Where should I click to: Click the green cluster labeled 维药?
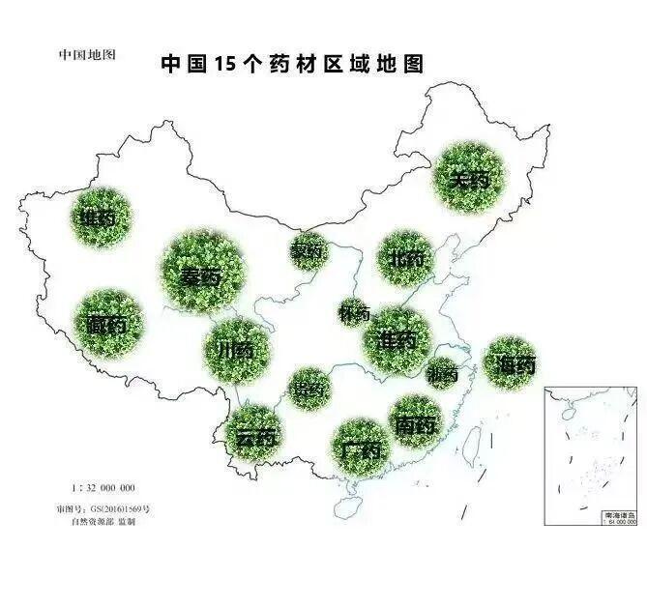pyautogui.click(x=100, y=218)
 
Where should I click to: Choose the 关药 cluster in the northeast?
pyautogui.click(x=470, y=178)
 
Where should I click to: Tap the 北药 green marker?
pyautogui.click(x=406, y=259)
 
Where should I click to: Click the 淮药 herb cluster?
pyautogui.click(x=397, y=339)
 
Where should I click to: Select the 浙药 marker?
pyautogui.click(x=442, y=372)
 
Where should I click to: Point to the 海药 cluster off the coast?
pyautogui.click(x=510, y=363)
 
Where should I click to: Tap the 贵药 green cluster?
pyautogui.click(x=310, y=388)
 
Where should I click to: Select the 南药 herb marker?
pyautogui.click(x=417, y=422)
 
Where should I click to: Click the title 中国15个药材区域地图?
pyautogui.click(x=291, y=64)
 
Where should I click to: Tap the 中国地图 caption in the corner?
pyautogui.click(x=87, y=55)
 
